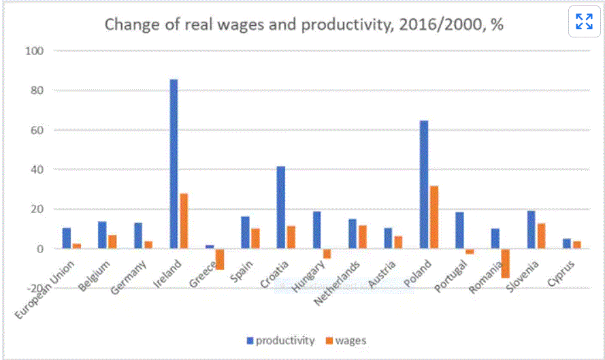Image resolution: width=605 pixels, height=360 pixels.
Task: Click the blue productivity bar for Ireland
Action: (174, 164)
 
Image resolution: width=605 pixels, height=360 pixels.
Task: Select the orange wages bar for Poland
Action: (434, 217)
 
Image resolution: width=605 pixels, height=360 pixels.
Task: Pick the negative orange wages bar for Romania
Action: (505, 263)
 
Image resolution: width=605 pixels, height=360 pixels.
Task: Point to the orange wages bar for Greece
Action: (220, 259)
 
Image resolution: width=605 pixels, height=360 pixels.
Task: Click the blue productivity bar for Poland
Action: (424, 184)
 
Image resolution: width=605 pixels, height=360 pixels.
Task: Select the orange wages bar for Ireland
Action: (184, 221)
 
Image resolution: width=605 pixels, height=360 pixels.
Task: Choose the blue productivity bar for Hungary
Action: (316, 230)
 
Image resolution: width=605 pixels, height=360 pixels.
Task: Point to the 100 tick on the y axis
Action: (33, 51)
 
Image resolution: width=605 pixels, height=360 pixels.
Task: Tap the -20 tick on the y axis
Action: (33, 288)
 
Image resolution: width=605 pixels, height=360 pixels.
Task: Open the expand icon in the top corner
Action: (584, 22)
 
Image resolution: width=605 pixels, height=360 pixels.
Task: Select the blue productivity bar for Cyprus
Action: (567, 244)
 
